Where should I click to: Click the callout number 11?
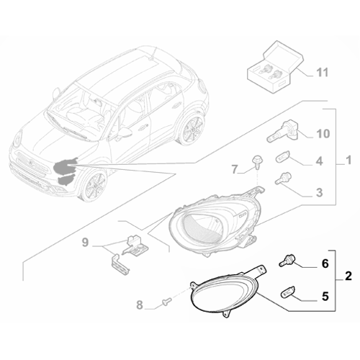322,72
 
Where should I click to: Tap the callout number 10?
323,133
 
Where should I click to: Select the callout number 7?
235,169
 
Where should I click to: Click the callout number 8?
140,305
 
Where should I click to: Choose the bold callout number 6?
325,264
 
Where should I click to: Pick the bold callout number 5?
325,297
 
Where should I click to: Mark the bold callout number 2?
348,276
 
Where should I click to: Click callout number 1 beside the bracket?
349,160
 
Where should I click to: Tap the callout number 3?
319,192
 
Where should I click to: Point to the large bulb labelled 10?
282,132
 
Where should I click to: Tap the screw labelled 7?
257,162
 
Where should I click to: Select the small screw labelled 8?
167,301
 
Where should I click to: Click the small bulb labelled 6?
287,261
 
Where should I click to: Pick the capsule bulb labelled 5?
288,293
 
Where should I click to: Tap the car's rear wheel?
192,128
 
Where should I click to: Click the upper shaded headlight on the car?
64,166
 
